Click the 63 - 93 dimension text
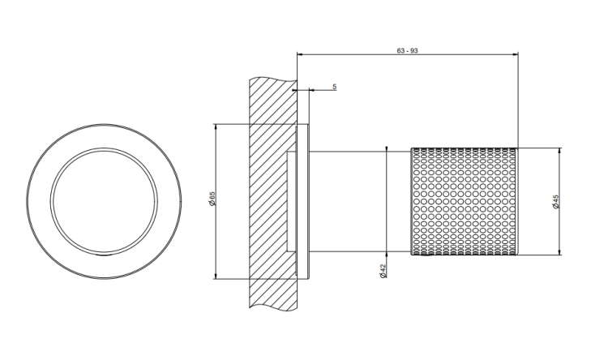(407, 50)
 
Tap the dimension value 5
(334, 87)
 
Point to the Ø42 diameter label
(383, 270)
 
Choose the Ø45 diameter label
(555, 201)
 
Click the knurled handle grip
(465, 201)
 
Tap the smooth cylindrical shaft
(360, 201)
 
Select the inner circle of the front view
(104, 148)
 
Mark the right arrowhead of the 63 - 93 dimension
(516, 54)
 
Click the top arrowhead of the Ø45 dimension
(559, 151)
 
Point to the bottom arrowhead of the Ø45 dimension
(559, 252)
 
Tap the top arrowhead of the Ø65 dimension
(215, 126)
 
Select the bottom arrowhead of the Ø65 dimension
(215, 276)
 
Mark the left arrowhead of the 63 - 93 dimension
(300, 54)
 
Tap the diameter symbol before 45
(555, 207)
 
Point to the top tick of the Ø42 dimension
(387, 148)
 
